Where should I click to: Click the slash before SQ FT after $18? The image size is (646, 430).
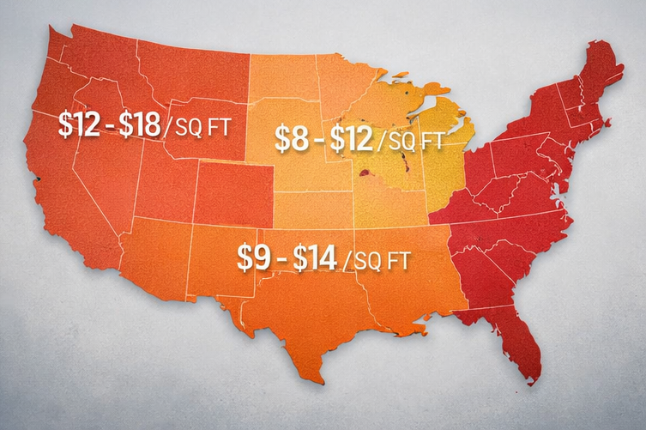click(x=169, y=127)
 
